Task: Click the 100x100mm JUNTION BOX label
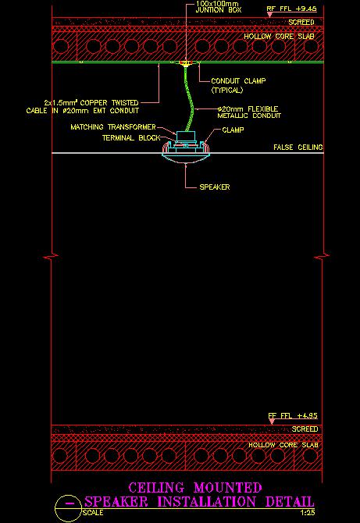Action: pos(218,7)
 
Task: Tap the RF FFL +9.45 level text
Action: pos(291,9)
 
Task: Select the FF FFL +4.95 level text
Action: pos(293,415)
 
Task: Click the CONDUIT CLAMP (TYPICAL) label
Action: pos(238,85)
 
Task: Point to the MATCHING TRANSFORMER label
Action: pos(113,127)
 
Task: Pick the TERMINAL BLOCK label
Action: pos(131,137)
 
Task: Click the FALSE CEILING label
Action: pos(298,147)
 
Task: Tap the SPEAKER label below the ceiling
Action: pos(215,187)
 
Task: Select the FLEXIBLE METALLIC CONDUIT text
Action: pos(249,112)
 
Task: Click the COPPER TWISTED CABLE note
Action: pos(83,106)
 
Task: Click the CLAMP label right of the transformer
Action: pos(233,130)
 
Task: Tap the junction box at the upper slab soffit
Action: pos(185,62)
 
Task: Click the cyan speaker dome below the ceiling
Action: pos(186,158)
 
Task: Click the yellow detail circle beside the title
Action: pos(69,509)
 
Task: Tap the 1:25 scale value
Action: pos(308,513)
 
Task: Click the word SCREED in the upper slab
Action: pos(301,23)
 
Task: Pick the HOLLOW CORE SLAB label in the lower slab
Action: pos(283,445)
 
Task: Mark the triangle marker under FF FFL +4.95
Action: pos(272,422)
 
